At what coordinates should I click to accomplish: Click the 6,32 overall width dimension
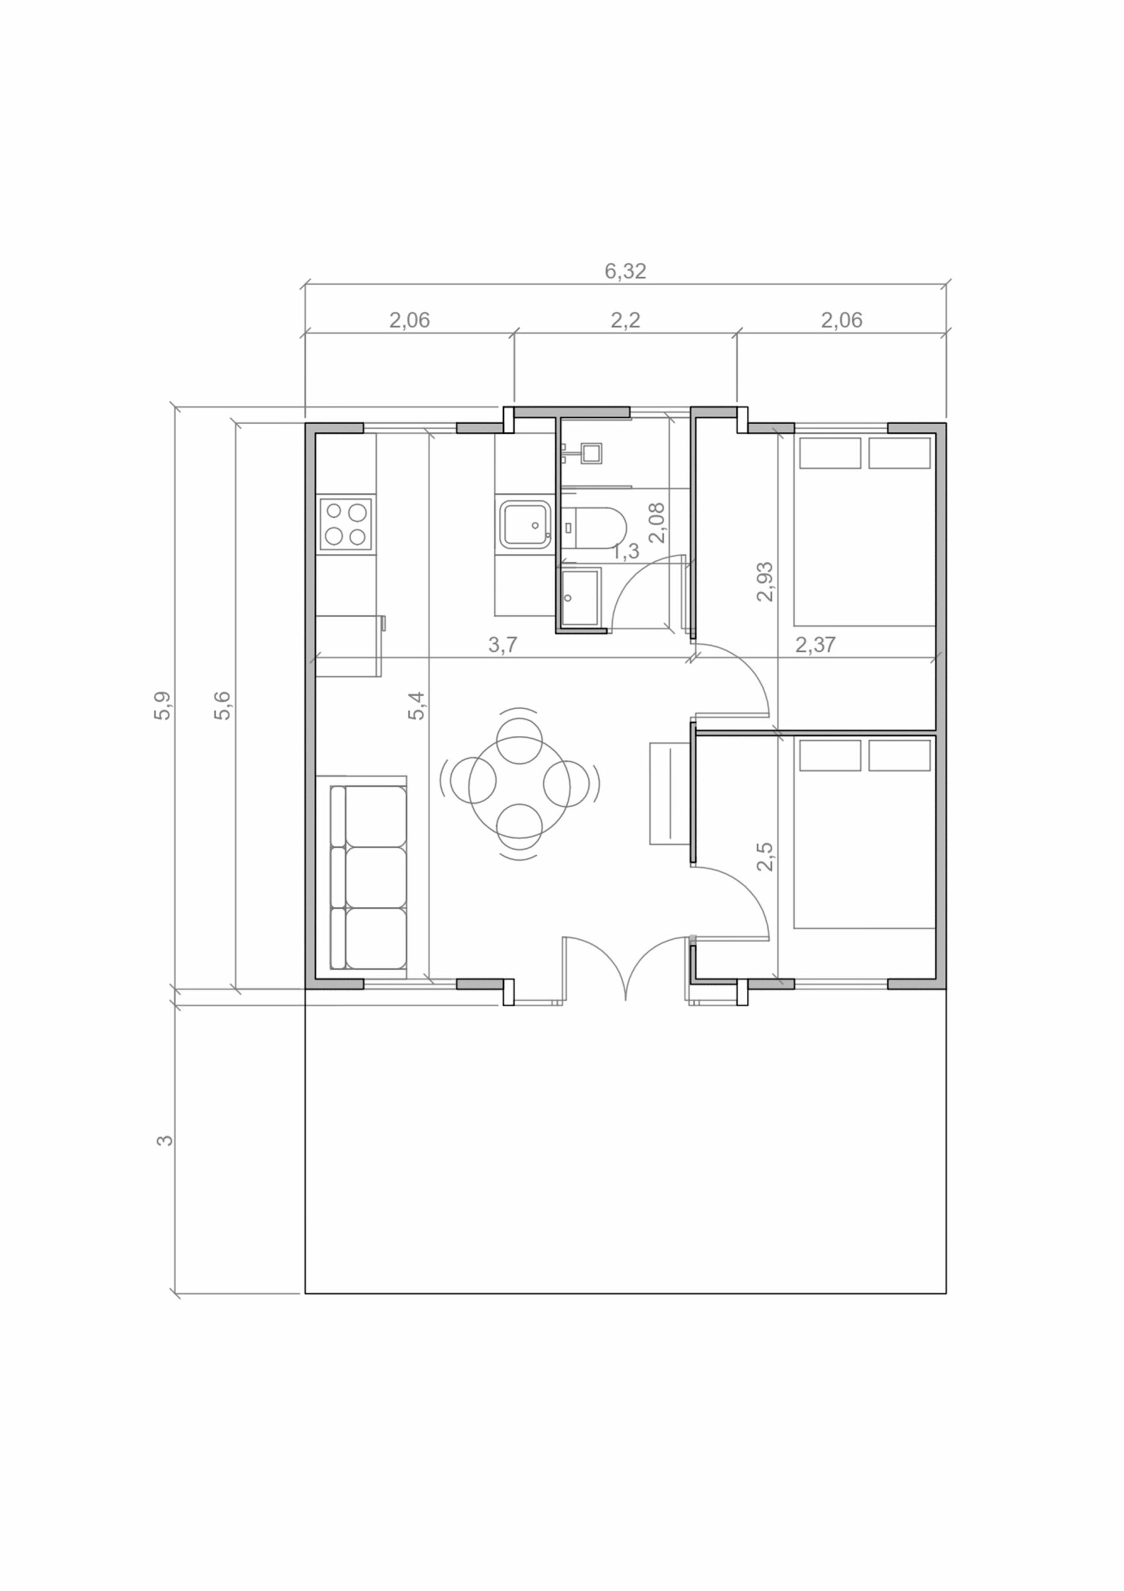[625, 271]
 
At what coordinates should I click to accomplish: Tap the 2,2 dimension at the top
[625, 319]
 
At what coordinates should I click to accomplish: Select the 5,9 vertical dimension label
[163, 705]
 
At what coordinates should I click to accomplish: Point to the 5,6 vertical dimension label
[222, 705]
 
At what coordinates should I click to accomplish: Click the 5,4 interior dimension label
[416, 705]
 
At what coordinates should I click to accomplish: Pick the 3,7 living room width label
[503, 644]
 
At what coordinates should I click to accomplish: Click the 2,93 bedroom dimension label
[765, 580]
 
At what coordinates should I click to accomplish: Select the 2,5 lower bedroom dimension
[765, 856]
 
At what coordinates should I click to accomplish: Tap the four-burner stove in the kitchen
[346, 524]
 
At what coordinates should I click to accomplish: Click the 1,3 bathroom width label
[625, 552]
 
